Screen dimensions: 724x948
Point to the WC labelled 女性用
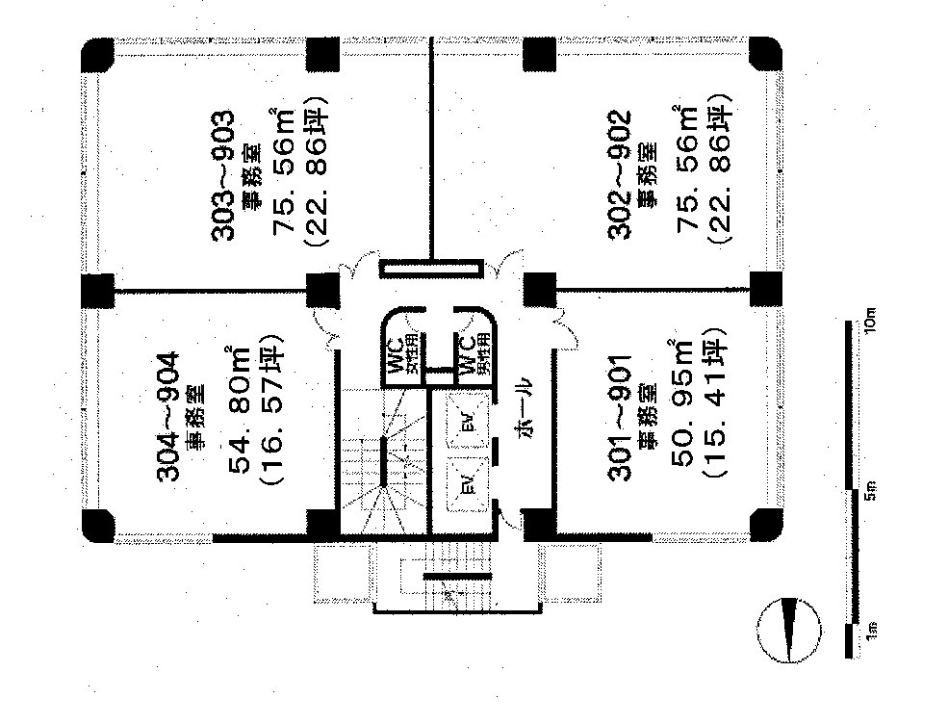403,356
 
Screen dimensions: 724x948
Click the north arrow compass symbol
790,631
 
